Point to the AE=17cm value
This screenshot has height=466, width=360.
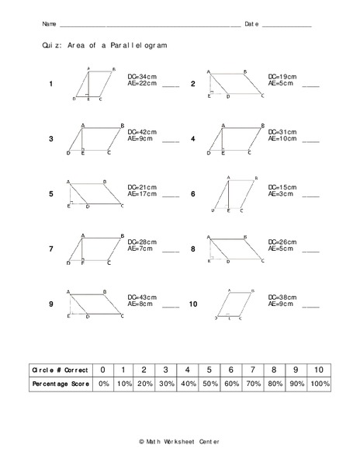coord(142,194)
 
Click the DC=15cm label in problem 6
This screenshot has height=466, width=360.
coord(282,187)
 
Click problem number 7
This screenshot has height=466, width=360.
coord(51,249)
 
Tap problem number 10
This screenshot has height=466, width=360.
coord(193,305)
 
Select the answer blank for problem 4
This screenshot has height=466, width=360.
coord(310,141)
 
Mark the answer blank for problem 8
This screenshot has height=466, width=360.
coord(310,252)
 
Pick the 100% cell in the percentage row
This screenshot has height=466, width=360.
coord(318,384)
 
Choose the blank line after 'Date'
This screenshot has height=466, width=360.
coord(286,25)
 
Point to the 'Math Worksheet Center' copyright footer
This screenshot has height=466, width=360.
coord(179,441)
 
